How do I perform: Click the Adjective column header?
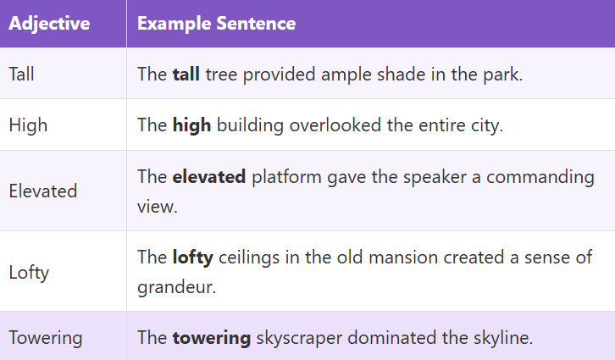pos(49,23)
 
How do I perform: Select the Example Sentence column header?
pos(216,23)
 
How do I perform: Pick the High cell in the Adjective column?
pos(28,125)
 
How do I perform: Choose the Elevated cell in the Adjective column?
pos(43,191)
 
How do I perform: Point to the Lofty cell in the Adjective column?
pos(29,272)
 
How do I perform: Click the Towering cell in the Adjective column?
pos(46,338)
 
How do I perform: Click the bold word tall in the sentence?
pos(186,74)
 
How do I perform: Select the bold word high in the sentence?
pos(191,125)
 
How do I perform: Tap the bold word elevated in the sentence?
pos(209,176)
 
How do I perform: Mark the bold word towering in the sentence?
pos(212,338)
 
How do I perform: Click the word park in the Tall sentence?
pos(501,74)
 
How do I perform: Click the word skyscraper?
pos(296,338)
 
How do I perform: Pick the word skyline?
pos(501,338)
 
